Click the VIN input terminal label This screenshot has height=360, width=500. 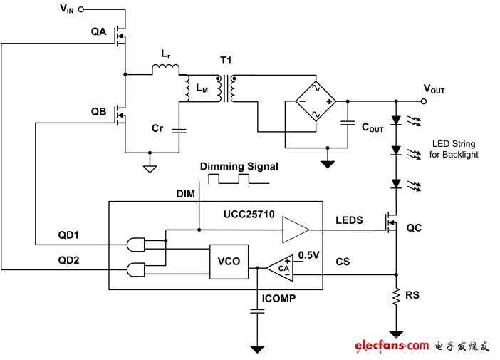[x=65, y=9]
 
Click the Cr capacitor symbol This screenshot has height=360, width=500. [x=178, y=130]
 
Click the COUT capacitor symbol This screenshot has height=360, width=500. [x=347, y=123]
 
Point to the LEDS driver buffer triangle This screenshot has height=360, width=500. [x=294, y=230]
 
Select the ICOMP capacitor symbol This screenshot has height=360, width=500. [x=254, y=311]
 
